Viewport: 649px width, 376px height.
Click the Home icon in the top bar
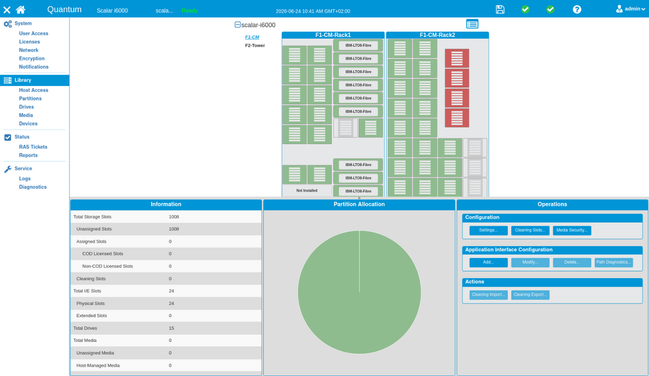point(20,10)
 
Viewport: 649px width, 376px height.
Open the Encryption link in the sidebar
point(32,58)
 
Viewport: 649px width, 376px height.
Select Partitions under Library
point(30,98)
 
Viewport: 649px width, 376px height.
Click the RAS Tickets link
point(33,147)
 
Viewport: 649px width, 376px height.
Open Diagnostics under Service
point(33,187)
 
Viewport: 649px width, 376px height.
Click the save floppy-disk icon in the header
point(500,10)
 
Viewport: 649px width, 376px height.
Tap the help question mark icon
point(577,10)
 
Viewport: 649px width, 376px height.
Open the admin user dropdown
point(630,9)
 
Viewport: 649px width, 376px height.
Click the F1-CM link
point(252,37)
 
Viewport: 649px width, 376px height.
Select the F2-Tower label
point(255,45)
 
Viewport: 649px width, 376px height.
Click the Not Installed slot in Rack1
point(307,190)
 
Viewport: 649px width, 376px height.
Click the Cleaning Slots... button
point(530,231)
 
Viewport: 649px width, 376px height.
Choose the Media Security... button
point(572,231)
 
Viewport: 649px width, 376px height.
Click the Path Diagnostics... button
point(614,263)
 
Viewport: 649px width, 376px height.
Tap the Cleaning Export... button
point(530,295)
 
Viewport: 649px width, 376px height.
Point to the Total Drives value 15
point(172,328)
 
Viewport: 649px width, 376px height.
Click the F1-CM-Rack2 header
point(437,35)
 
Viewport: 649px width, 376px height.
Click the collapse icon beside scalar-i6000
point(237,25)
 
